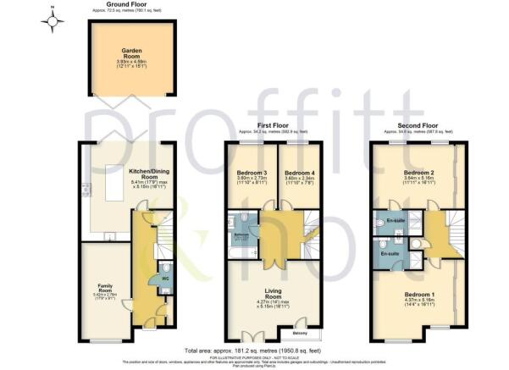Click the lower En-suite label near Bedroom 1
390,253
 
